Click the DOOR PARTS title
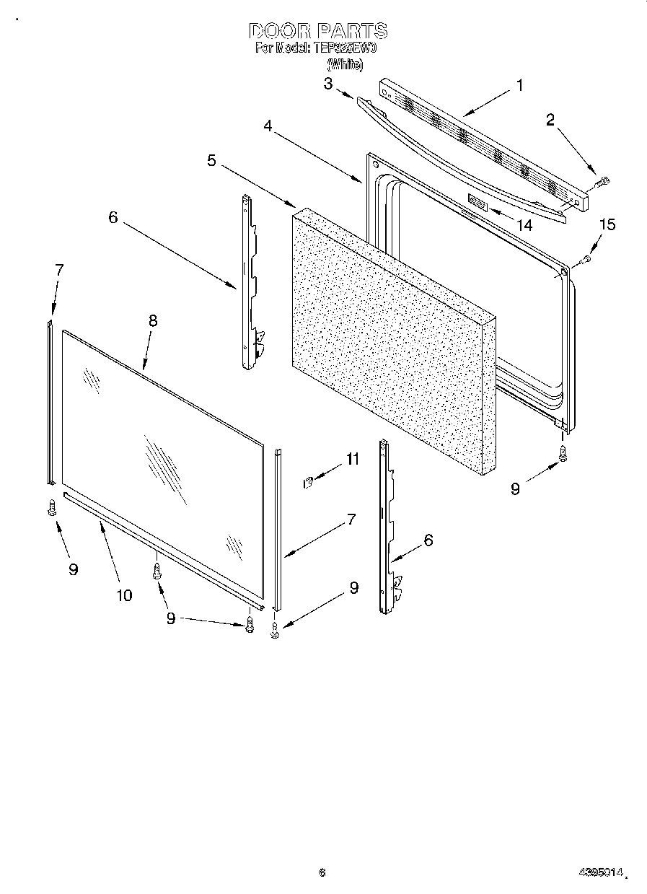pyautogui.click(x=318, y=31)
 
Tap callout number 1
pyautogui.click(x=519, y=85)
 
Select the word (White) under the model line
pyautogui.click(x=345, y=63)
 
